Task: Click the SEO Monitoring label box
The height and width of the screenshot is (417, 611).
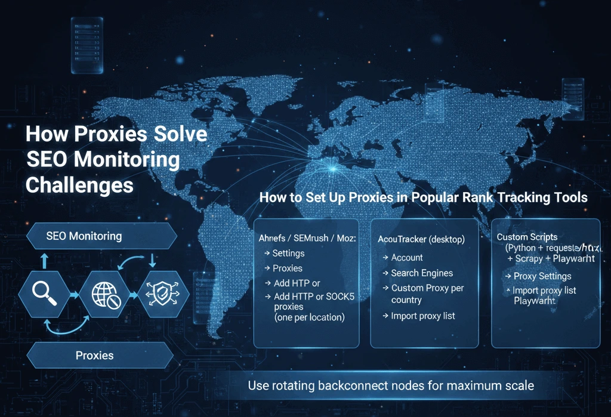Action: point(84,236)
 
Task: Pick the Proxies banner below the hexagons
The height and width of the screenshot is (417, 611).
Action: point(94,356)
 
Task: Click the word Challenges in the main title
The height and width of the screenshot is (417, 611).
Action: point(79,185)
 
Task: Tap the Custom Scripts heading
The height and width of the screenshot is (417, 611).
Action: point(527,237)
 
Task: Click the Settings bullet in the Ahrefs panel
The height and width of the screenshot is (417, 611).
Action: point(288,254)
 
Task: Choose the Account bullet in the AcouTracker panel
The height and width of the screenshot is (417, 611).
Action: point(407,258)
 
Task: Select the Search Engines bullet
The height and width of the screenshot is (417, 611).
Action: point(422,273)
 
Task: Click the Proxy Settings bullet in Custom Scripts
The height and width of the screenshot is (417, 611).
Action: point(542,276)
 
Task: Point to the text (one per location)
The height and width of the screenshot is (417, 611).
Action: point(309,317)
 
